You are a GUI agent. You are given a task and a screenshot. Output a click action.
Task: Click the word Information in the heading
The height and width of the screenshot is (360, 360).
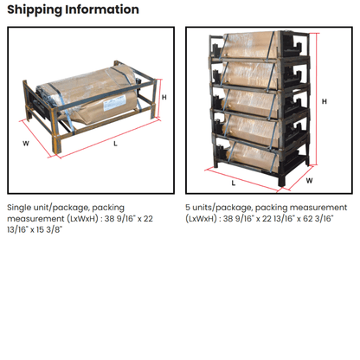[104, 10]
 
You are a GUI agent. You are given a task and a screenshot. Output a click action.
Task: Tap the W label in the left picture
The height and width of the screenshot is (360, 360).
[27, 143]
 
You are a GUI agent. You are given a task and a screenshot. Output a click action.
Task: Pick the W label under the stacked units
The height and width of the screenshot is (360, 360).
[309, 181]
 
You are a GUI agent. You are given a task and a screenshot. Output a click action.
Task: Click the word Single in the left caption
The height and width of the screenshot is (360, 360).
[22, 208]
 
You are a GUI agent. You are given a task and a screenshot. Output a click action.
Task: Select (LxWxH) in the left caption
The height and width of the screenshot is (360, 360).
[85, 220]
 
